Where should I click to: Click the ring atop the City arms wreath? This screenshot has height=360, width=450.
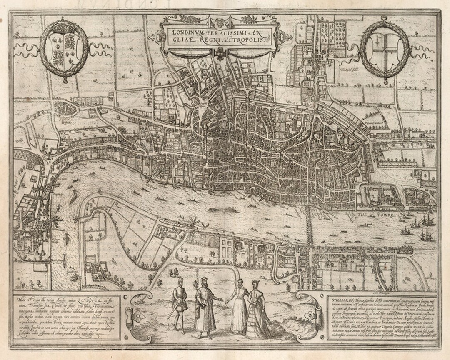click(383, 20)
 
